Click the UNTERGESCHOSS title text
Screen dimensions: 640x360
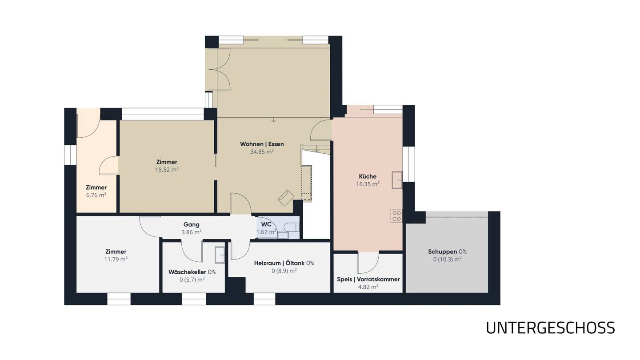550,328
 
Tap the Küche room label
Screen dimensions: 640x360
368,176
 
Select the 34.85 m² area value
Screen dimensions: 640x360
262,152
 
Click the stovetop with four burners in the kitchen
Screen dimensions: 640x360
396,216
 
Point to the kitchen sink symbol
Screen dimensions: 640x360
397,180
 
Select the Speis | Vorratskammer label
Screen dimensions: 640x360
368,279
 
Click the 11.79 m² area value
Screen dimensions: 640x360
116,260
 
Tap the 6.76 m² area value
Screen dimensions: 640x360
96,195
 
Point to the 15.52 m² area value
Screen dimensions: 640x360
167,170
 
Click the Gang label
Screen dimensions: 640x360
192,224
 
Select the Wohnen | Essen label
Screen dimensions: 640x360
262,144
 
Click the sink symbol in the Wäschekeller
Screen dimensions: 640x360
220,255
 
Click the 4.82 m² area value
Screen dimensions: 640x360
368,287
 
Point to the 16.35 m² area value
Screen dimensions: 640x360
368,184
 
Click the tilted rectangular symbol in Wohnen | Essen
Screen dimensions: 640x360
286,197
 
